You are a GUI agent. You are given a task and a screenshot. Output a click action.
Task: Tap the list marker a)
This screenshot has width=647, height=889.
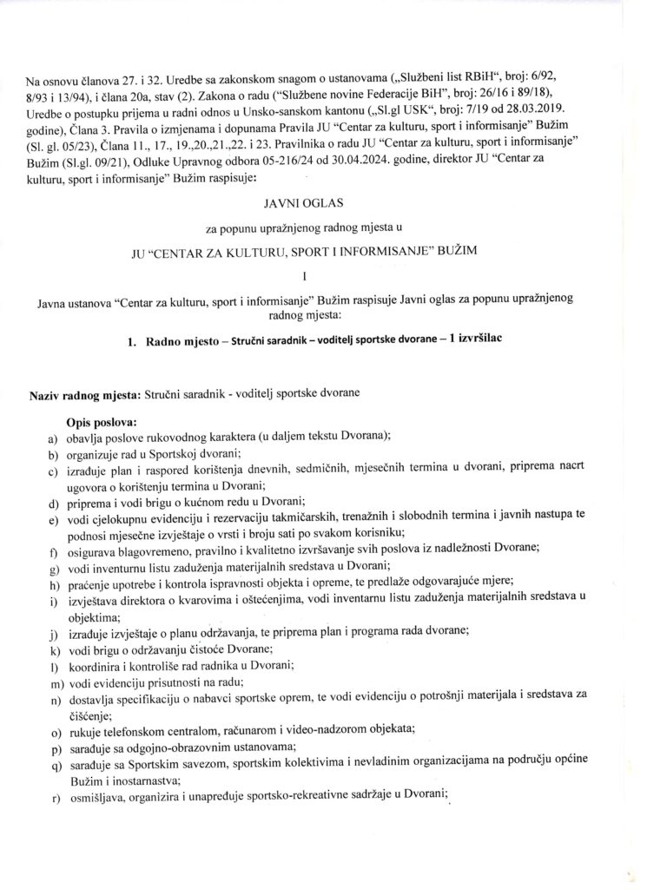pyautogui.click(x=53, y=436)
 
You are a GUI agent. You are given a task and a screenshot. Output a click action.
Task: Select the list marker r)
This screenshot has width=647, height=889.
pyautogui.click(x=53, y=795)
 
